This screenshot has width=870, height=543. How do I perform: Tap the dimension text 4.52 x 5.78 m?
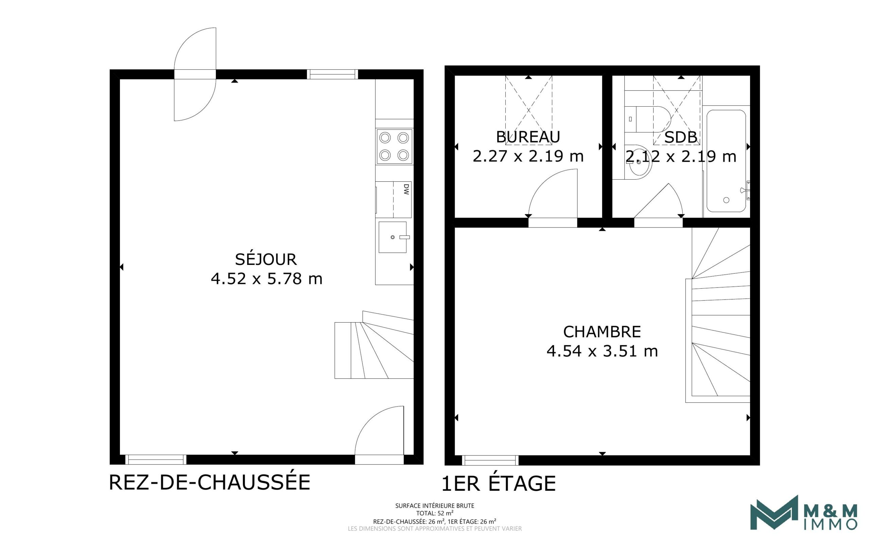coord(266,279)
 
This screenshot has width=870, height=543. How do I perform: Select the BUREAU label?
coord(528,137)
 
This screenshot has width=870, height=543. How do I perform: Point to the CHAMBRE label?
coord(602,332)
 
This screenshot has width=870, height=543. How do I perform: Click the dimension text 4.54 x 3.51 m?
coord(602,351)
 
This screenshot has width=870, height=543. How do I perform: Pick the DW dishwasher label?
coord(406,189)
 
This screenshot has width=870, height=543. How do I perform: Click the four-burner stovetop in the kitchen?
coord(394,146)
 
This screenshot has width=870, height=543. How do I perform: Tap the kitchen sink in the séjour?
coord(393,237)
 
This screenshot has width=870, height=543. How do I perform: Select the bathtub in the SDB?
coord(726,161)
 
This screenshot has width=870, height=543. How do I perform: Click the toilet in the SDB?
coord(647,119)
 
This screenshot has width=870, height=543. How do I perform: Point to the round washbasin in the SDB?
coord(638,162)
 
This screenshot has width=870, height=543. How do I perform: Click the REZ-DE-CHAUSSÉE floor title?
coord(209,482)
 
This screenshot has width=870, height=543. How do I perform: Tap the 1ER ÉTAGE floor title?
coord(499,483)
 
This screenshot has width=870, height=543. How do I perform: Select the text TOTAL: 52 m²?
coord(435,513)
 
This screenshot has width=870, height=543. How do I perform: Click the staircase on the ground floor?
coord(374,345)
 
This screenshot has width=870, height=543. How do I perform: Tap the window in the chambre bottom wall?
coord(490,460)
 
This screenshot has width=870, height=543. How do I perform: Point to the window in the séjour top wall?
coord(332,74)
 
